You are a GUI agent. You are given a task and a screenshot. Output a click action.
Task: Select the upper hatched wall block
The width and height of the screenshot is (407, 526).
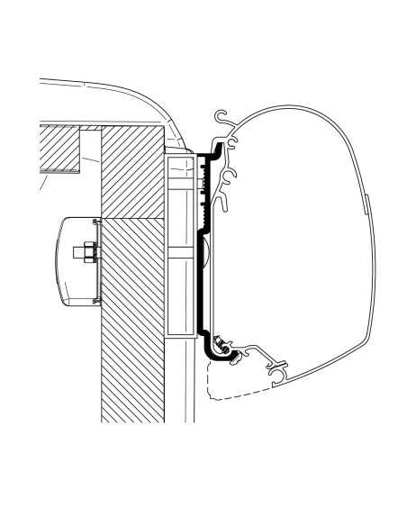(x=131, y=171)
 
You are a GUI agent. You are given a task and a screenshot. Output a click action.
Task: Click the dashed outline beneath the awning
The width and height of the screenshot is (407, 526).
(x=225, y=383)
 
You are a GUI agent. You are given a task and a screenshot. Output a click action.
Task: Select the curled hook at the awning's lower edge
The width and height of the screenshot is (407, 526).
(x=279, y=369)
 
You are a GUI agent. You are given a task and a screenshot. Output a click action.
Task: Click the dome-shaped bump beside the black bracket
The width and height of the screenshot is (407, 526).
(x=205, y=252)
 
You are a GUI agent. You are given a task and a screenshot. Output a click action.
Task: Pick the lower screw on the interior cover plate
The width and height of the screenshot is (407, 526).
(x=95, y=290)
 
